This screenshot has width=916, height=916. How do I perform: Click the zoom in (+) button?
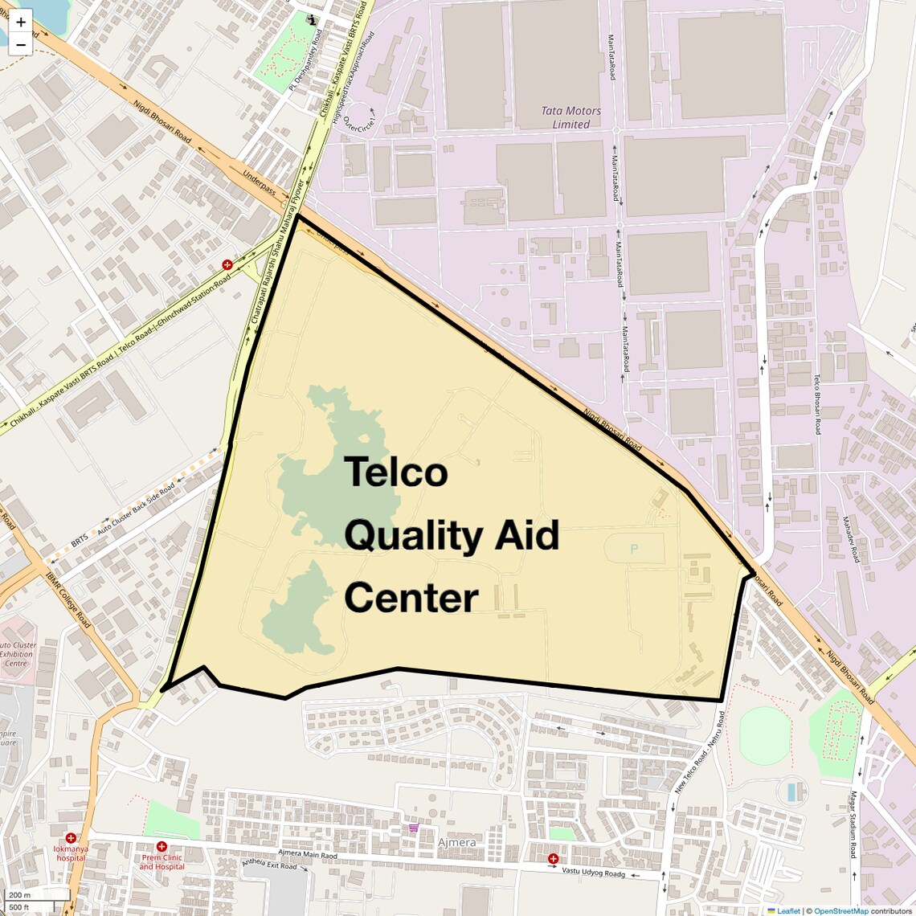tap(21, 22)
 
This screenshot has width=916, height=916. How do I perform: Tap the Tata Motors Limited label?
tap(570, 117)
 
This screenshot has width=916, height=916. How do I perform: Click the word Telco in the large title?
tap(396, 472)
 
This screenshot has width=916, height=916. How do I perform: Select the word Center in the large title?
tap(411, 599)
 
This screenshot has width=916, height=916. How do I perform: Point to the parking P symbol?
tap(634, 549)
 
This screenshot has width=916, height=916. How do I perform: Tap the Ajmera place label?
tap(456, 842)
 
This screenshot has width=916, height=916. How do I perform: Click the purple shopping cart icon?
tap(413, 828)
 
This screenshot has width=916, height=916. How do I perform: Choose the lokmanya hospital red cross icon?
tap(71, 838)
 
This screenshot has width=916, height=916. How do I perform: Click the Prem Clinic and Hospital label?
tap(162, 861)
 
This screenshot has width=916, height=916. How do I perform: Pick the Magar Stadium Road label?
tap(853, 824)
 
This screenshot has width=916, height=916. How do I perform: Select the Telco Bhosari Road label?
tap(816, 404)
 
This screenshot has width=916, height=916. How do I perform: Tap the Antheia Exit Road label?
tap(269, 865)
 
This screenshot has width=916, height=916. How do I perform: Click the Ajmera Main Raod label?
tap(308, 854)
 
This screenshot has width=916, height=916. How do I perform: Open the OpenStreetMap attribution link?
tap(841, 910)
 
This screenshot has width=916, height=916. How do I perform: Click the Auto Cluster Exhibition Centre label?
tap(18, 654)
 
